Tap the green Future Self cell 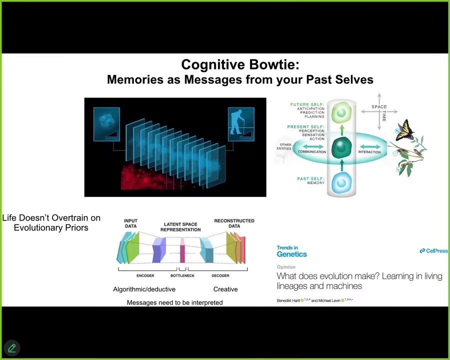pos(341,112)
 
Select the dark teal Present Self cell pos(341,147)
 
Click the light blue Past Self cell pos(341,182)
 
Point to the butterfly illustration pos(405,131)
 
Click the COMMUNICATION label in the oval pos(312,152)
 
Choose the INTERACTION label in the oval pos(369,152)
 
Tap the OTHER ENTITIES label pos(284,146)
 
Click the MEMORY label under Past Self pos(316,183)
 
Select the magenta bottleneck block pos(182,250)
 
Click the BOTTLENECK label pos(182,275)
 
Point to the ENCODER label pos(145,275)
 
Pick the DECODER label pos(220,275)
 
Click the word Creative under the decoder pos(225,289)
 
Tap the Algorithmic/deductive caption pos(144,289)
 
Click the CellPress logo pos(433,250)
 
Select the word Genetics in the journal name pos(292,254)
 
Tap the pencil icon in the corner pos(12,347)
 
